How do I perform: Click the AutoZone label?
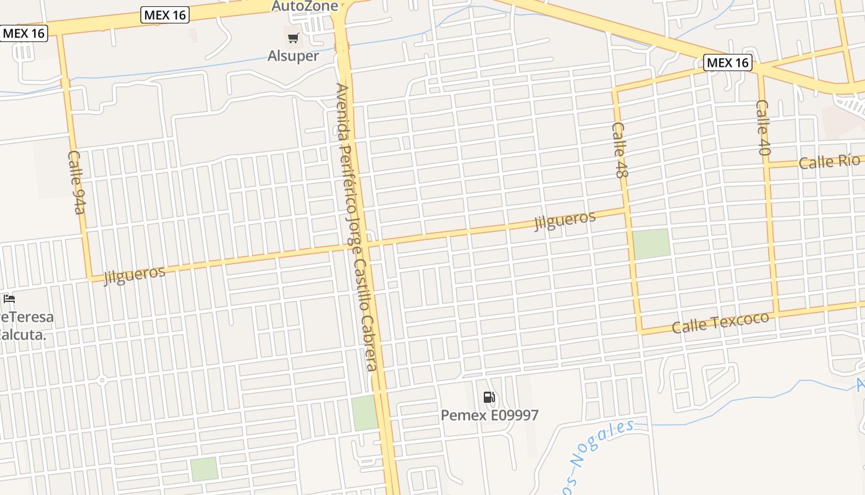click(305, 6)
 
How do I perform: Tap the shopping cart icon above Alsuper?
click(293, 38)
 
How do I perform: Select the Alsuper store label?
click(293, 56)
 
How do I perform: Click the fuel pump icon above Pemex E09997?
click(489, 397)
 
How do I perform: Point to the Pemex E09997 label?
click(489, 415)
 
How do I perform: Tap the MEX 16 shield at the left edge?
click(23, 33)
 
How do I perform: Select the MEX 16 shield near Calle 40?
click(727, 62)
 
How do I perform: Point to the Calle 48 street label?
click(620, 150)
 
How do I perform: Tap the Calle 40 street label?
click(764, 127)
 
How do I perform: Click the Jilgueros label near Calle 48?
click(565, 220)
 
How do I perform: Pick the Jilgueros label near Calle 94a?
click(135, 275)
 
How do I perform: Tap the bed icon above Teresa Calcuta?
click(9, 299)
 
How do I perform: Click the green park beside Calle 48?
click(651, 244)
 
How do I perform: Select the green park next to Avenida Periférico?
click(364, 413)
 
